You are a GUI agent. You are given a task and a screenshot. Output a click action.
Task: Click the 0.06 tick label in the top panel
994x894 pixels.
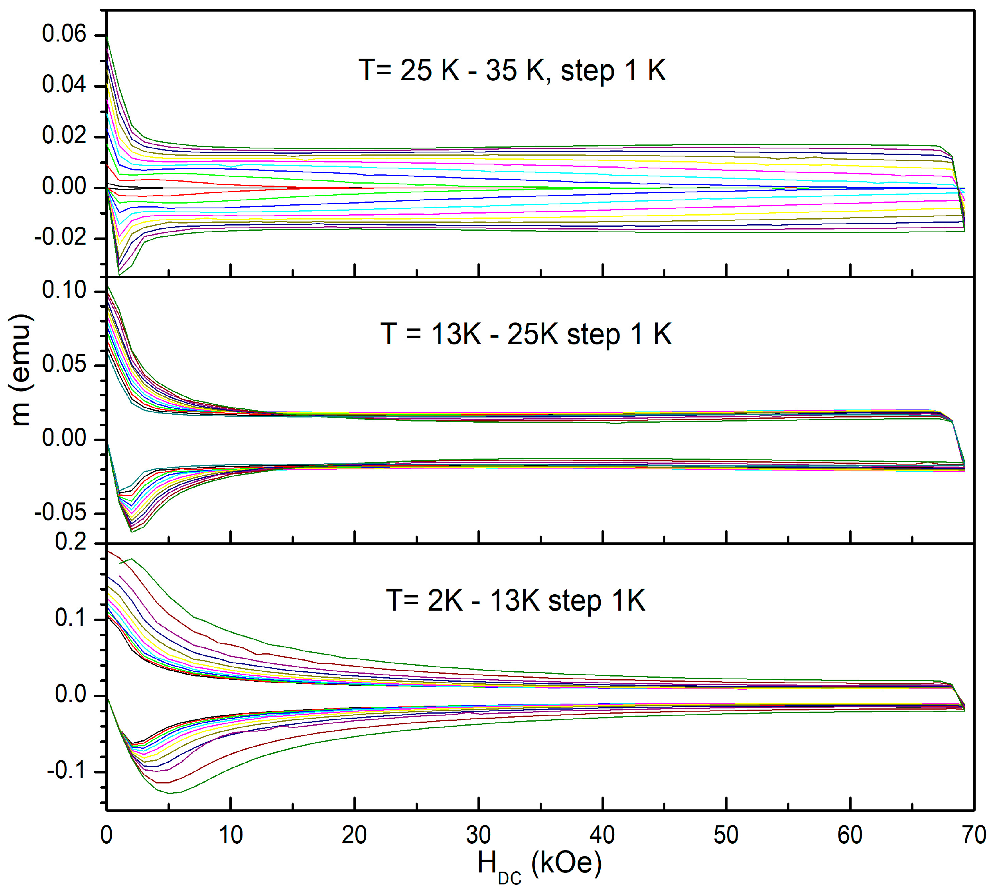tap(64, 34)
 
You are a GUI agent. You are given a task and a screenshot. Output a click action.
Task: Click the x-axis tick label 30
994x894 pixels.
tap(478, 835)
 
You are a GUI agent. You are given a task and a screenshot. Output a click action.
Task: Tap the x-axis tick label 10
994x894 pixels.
tap(230, 835)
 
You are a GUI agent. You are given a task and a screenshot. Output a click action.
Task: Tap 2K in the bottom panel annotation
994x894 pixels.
tap(445, 600)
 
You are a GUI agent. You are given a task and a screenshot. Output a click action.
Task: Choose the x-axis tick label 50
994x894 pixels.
tap(726, 835)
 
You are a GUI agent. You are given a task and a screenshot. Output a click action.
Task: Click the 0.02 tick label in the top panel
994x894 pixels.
tap(64, 136)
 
